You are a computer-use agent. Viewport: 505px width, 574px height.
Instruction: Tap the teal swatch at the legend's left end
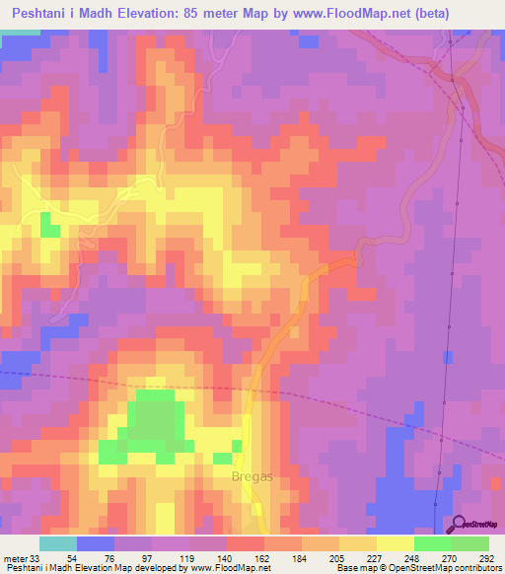pos(57,543)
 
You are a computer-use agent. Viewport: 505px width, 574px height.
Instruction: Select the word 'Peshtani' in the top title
pos(43,13)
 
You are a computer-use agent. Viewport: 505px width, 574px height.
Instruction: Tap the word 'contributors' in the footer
pos(473,567)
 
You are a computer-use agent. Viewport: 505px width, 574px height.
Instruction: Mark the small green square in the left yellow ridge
pos(49,231)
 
